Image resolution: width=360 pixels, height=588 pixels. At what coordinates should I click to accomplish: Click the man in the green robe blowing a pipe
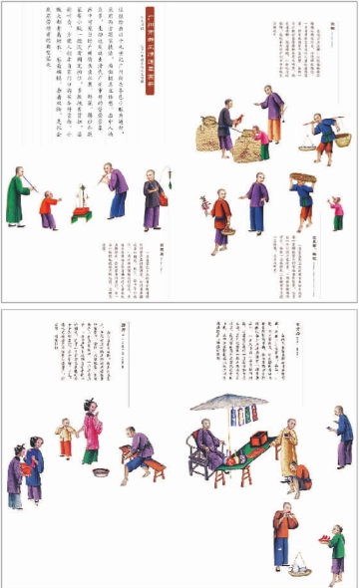(x=15, y=197)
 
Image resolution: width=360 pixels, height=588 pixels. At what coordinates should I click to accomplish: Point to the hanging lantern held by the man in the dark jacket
(x=162, y=198)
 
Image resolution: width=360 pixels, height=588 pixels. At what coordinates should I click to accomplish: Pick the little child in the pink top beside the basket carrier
(x=336, y=212)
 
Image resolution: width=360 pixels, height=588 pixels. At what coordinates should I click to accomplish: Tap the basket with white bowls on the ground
(x=297, y=569)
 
